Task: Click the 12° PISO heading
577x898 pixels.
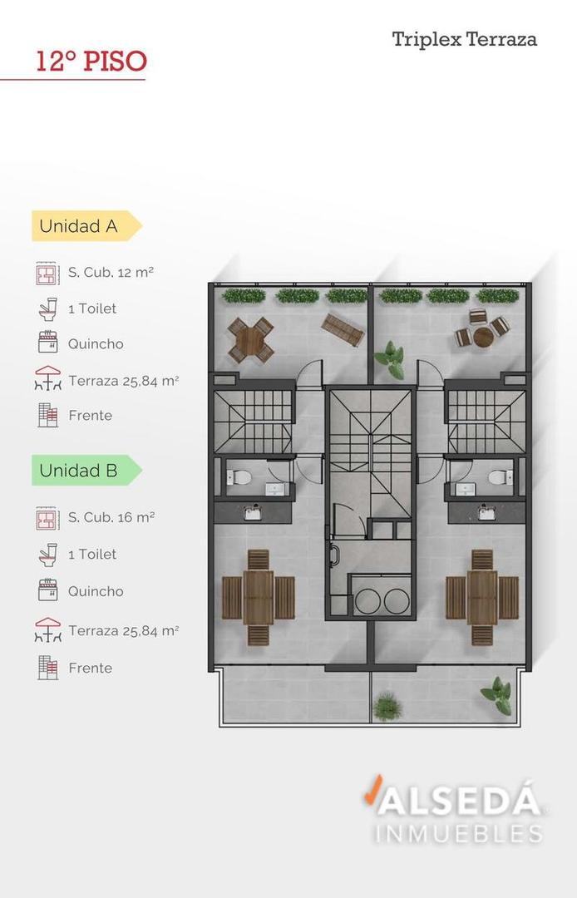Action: (x=91, y=62)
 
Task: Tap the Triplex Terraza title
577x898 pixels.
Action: (x=464, y=40)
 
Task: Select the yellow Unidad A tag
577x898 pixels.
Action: (x=86, y=225)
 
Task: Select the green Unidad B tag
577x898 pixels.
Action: (x=86, y=470)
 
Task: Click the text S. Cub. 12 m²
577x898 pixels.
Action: (x=111, y=273)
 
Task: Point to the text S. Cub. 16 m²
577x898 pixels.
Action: (x=111, y=517)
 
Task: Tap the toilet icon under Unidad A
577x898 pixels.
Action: (x=48, y=308)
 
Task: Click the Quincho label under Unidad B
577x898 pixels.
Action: (x=96, y=591)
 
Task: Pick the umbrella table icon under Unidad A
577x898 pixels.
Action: (x=48, y=378)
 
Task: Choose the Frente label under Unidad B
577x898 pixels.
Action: (x=91, y=668)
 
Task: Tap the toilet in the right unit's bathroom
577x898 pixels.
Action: (x=501, y=476)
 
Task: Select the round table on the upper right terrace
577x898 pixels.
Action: (x=482, y=337)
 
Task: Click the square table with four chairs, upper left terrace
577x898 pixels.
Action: (x=251, y=340)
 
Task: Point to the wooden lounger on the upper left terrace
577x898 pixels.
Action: (x=343, y=328)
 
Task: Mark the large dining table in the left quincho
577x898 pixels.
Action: (x=259, y=597)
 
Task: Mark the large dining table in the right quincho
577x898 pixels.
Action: (x=482, y=597)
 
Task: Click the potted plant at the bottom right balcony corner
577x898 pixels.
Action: (x=497, y=695)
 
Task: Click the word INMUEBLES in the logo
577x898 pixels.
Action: (x=458, y=833)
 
